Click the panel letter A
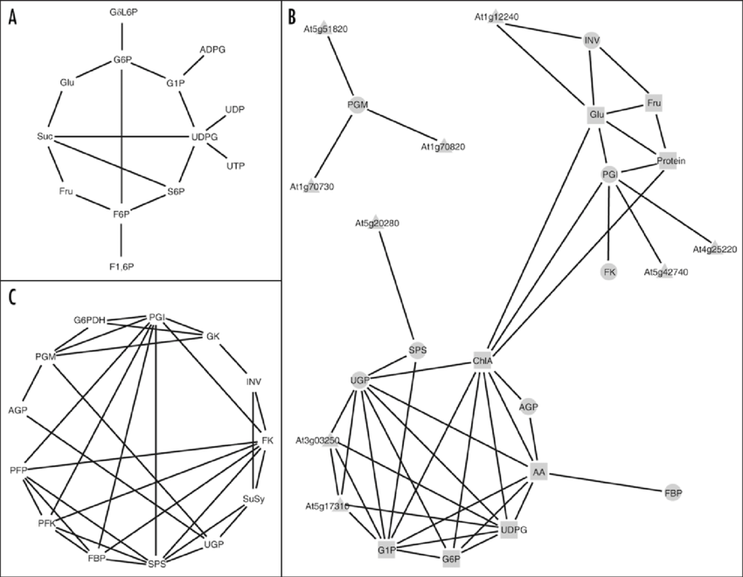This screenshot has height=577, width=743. click(x=13, y=18)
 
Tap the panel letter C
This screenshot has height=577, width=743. click(x=12, y=296)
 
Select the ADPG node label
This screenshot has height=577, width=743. click(x=212, y=50)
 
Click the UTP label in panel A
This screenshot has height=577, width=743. click(x=235, y=166)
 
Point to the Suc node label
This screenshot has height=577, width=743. click(x=45, y=137)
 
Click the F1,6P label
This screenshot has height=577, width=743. click(x=122, y=265)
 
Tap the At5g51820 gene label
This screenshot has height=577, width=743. click(x=325, y=29)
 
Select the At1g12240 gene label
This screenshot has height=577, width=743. click(x=496, y=17)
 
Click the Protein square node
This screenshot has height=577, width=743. click(x=671, y=161)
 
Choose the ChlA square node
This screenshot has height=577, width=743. click(x=483, y=360)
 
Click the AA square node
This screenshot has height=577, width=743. click(x=538, y=471)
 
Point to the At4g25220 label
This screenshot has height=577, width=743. click(x=714, y=250)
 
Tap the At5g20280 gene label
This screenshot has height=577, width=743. click(x=377, y=223)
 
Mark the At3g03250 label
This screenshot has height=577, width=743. click(x=317, y=441)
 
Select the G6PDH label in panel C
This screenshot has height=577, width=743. click(x=89, y=320)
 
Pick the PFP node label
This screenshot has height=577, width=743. click(x=19, y=471)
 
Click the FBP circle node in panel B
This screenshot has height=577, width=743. click(x=672, y=493)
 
